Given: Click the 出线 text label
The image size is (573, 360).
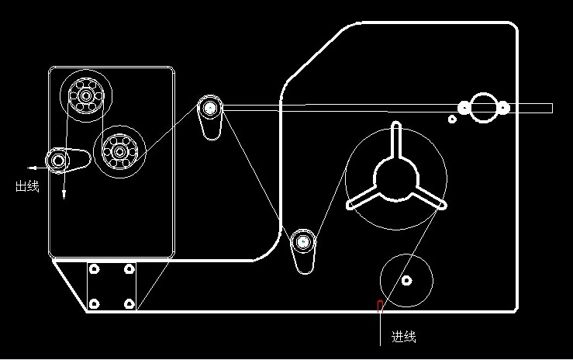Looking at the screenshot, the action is [27, 186].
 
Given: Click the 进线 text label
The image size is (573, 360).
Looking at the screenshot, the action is [404, 336].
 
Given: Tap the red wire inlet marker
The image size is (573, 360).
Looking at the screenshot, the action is [380, 306].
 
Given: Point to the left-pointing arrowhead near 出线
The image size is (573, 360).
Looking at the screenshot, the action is [32, 168].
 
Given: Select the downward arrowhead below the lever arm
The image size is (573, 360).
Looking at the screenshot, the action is [64, 194].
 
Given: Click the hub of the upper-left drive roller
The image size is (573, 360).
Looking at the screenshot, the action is [86, 95].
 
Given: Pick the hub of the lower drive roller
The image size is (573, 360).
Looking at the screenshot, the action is [119, 151].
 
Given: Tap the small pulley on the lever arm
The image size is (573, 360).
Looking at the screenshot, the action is [58, 160].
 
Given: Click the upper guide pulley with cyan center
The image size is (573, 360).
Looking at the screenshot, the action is [210, 107].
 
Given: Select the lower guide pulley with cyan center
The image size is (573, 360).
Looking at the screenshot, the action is [303, 241].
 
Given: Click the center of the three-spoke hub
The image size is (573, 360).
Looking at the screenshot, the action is [396, 179].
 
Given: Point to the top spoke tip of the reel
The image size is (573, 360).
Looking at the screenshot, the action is [396, 124].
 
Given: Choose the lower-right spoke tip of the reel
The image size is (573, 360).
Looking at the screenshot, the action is [443, 205].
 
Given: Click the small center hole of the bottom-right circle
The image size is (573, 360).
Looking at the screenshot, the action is [407, 281].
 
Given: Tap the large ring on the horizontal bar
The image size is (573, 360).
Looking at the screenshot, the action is [484, 107].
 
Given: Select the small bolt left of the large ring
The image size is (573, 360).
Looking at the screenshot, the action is [464, 108].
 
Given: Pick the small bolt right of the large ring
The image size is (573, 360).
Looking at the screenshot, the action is [503, 107].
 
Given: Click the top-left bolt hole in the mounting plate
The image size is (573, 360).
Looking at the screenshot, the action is [95, 269].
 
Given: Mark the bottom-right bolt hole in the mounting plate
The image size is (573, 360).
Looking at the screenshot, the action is [129, 303].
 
